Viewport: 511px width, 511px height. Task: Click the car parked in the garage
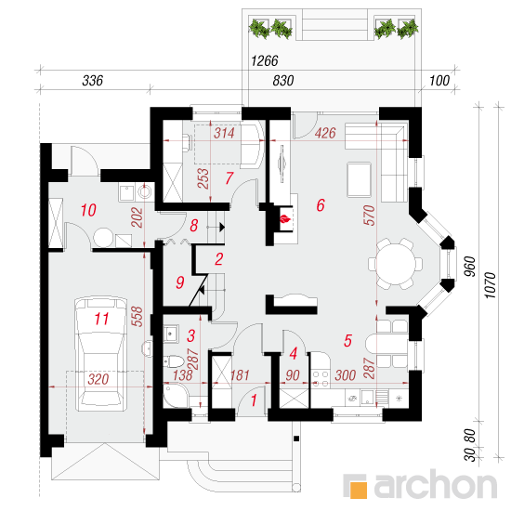(x=100, y=354)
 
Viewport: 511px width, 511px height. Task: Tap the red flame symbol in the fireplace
(x=285, y=218)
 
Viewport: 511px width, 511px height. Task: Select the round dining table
(x=395, y=264)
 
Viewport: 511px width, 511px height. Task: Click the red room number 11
(x=101, y=319)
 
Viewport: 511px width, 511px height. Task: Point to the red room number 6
(x=321, y=205)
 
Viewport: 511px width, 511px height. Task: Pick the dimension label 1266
(x=265, y=60)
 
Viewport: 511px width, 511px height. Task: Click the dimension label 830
(x=283, y=81)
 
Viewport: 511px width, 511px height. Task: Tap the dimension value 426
(x=325, y=133)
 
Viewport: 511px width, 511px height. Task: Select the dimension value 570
(x=369, y=216)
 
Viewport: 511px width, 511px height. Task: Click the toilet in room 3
(x=174, y=361)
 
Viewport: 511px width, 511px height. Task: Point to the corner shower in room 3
(x=175, y=395)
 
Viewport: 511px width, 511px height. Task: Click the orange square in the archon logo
(x=358, y=490)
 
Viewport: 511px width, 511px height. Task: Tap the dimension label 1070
(x=491, y=285)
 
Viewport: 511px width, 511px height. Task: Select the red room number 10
(x=88, y=210)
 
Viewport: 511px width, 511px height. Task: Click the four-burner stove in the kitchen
(x=321, y=379)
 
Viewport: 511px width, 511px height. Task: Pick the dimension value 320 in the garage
(x=98, y=379)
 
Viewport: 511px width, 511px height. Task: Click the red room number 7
(x=229, y=178)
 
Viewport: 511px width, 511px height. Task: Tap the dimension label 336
(x=93, y=81)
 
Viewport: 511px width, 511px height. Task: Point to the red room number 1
(x=254, y=400)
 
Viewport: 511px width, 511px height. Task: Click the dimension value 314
(x=224, y=133)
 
